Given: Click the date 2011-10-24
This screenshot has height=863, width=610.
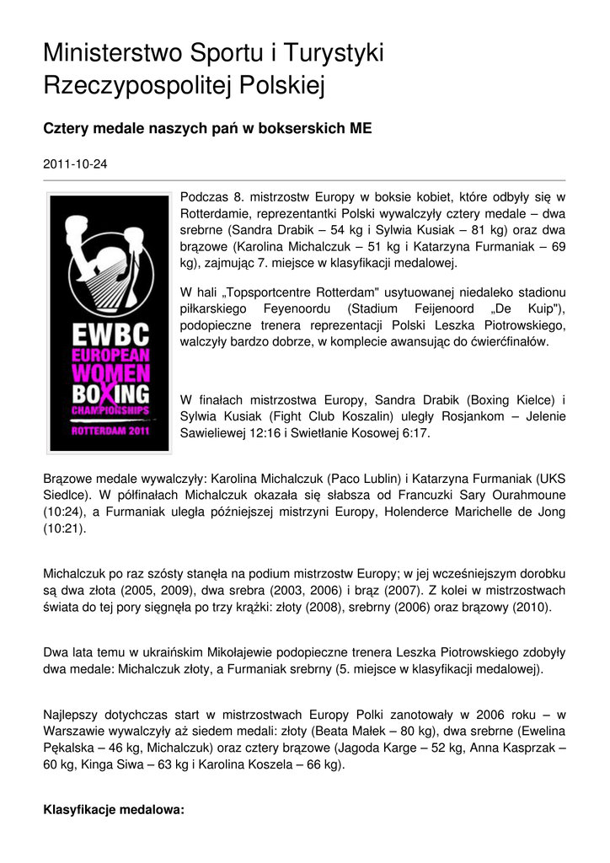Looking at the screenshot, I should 75,164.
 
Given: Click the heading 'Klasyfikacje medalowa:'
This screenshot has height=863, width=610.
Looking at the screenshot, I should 113,810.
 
